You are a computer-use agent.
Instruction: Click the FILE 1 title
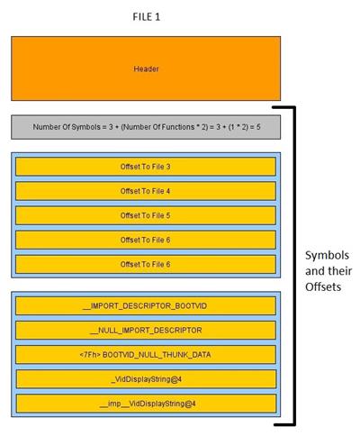[x=147, y=17]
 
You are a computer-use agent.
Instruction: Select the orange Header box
[x=146, y=68]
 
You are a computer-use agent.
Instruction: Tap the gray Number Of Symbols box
[x=146, y=127]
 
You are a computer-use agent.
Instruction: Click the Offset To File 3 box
[x=146, y=167]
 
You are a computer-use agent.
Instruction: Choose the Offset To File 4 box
[x=146, y=191]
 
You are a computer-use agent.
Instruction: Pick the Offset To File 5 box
[x=146, y=215]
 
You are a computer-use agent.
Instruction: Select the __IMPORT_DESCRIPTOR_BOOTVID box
[x=146, y=305]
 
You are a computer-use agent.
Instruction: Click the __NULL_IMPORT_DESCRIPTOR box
[x=146, y=331]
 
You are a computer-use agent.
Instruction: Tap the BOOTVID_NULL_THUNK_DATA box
[x=146, y=355]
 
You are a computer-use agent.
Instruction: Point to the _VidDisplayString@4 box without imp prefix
[x=146, y=379]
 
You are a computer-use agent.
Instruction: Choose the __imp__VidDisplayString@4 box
[x=146, y=404]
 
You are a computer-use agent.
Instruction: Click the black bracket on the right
[x=294, y=266]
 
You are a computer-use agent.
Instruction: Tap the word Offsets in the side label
[x=323, y=286]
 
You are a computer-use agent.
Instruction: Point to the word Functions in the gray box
[x=178, y=127]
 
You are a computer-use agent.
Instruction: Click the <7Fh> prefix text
[x=90, y=355]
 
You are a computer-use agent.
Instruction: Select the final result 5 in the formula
[x=258, y=127]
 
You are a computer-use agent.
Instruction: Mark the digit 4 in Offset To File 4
[x=167, y=191]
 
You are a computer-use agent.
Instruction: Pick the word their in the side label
[x=341, y=271]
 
